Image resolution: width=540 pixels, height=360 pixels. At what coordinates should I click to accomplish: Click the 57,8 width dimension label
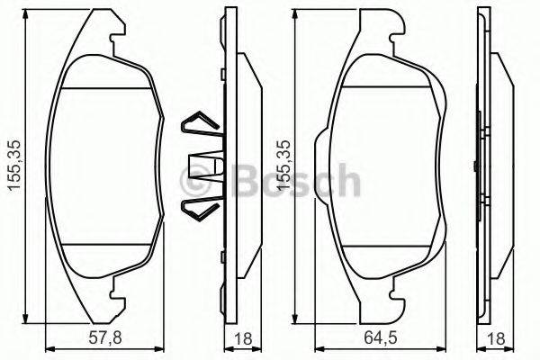point(87,338)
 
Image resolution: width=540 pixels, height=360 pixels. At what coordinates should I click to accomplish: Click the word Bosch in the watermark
point(296,184)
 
